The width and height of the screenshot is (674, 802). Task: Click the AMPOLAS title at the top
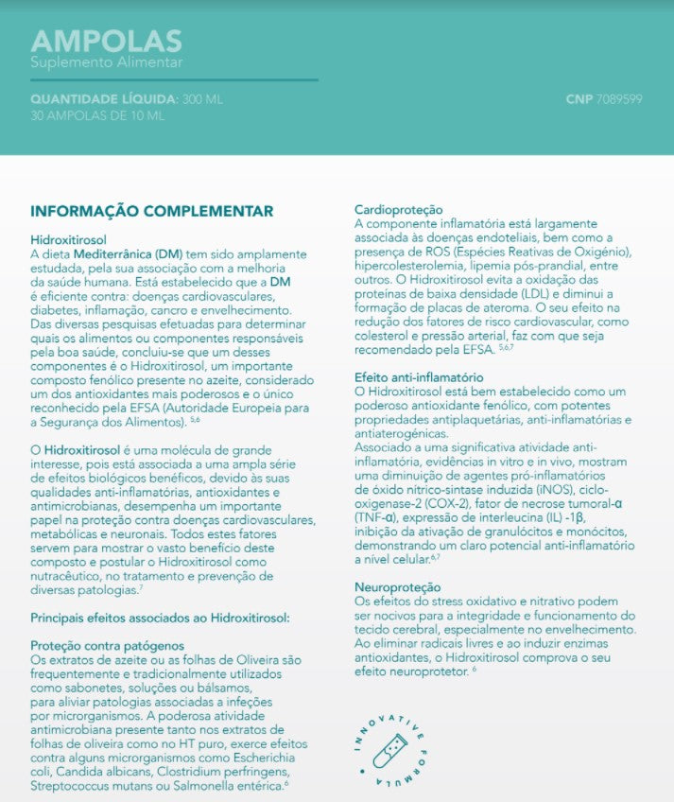(x=106, y=41)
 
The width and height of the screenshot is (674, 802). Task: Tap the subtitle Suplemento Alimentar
(x=106, y=63)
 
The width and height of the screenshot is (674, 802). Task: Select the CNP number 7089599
(x=620, y=99)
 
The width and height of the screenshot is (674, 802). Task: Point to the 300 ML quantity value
(x=203, y=99)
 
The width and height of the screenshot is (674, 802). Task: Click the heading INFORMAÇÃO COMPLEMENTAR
(x=152, y=211)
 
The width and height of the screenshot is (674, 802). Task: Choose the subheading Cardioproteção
(x=398, y=209)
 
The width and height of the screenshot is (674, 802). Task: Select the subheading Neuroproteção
(x=397, y=587)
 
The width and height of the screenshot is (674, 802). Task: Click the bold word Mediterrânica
(x=111, y=254)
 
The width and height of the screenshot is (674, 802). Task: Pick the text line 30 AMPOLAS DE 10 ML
(x=97, y=115)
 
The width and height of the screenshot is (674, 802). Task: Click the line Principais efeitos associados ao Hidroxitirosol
(x=160, y=618)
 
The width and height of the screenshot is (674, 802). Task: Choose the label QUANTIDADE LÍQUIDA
(x=103, y=99)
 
